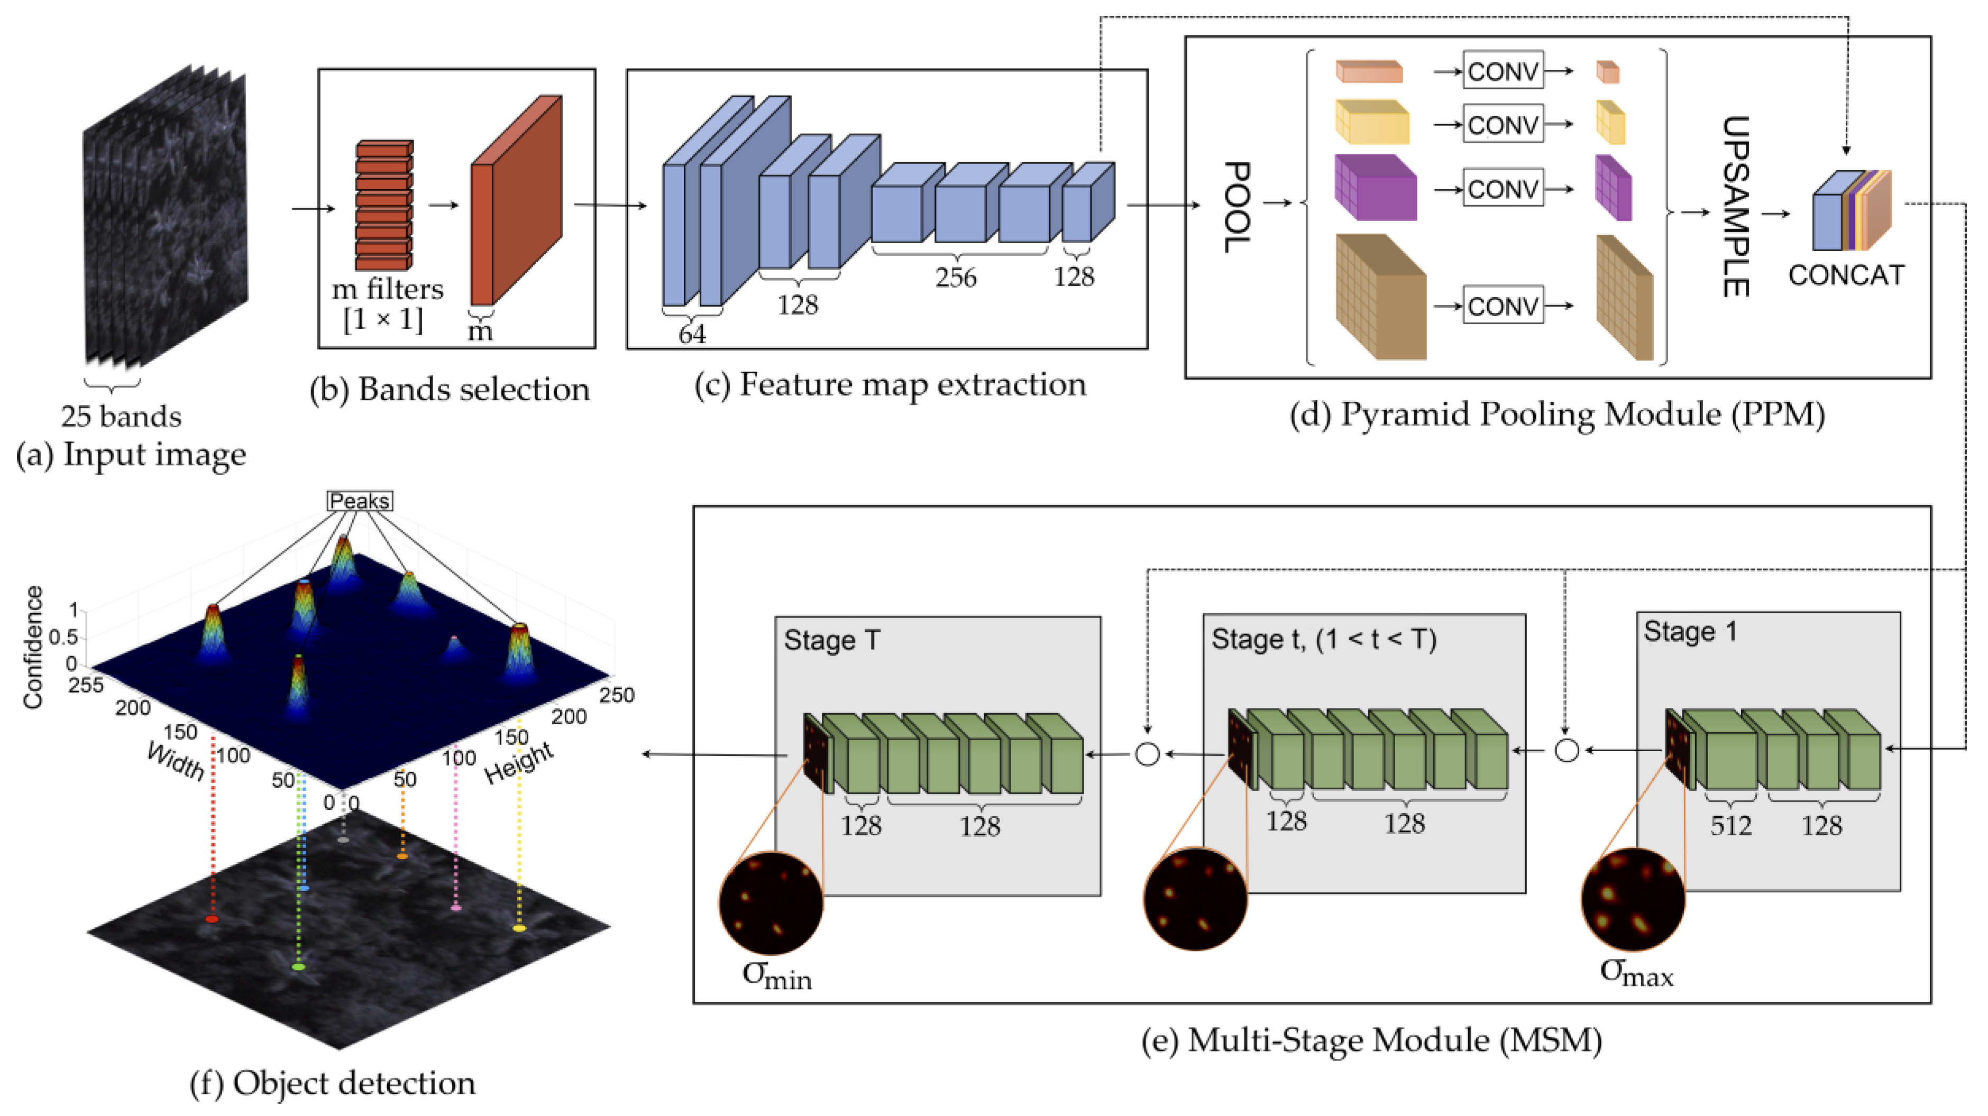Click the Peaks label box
(x=360, y=501)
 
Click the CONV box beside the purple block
(x=1503, y=189)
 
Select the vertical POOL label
(x=1237, y=207)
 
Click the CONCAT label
(x=1846, y=275)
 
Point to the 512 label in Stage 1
(x=1731, y=826)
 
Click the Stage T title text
(x=832, y=640)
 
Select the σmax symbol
(x=1636, y=971)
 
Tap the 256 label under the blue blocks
(x=956, y=278)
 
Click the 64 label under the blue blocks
(x=692, y=334)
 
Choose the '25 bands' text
(x=121, y=417)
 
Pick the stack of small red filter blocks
(x=383, y=205)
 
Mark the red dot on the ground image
(x=212, y=919)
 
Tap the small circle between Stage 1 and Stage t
(x=1566, y=750)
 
